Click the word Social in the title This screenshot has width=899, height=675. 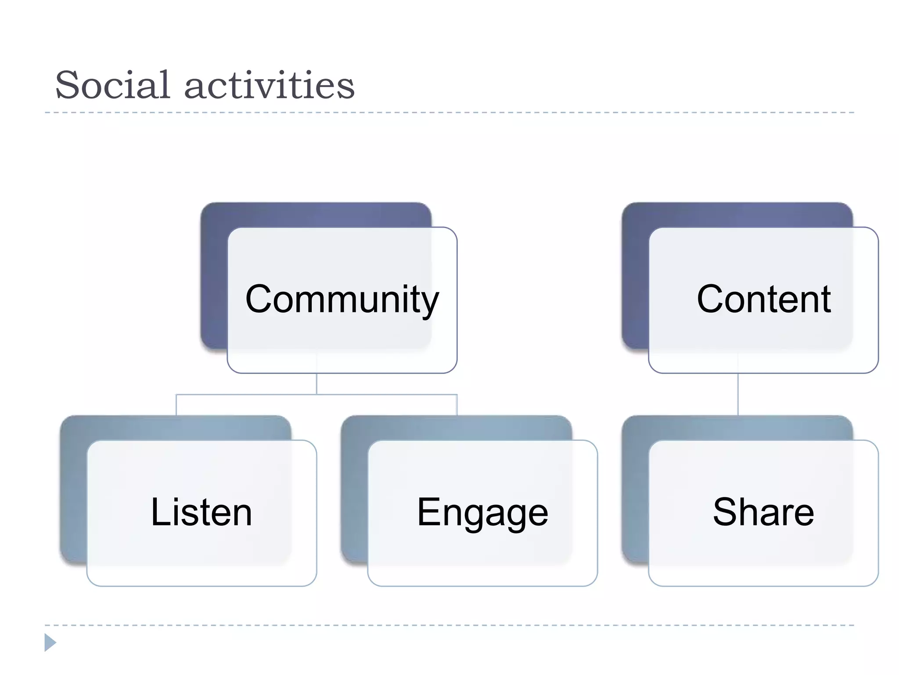[x=112, y=85]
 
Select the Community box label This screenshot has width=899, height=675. [x=342, y=299]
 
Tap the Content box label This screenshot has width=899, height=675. [x=763, y=299]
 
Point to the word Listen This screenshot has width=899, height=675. [x=201, y=512]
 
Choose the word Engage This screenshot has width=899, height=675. [x=482, y=513]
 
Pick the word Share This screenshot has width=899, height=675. [x=763, y=512]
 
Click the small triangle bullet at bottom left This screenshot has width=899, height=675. [x=50, y=642]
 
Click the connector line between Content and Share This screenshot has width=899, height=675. [x=738, y=395]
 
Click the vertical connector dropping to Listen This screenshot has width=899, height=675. [x=176, y=405]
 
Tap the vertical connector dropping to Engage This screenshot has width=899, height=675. [x=457, y=405]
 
